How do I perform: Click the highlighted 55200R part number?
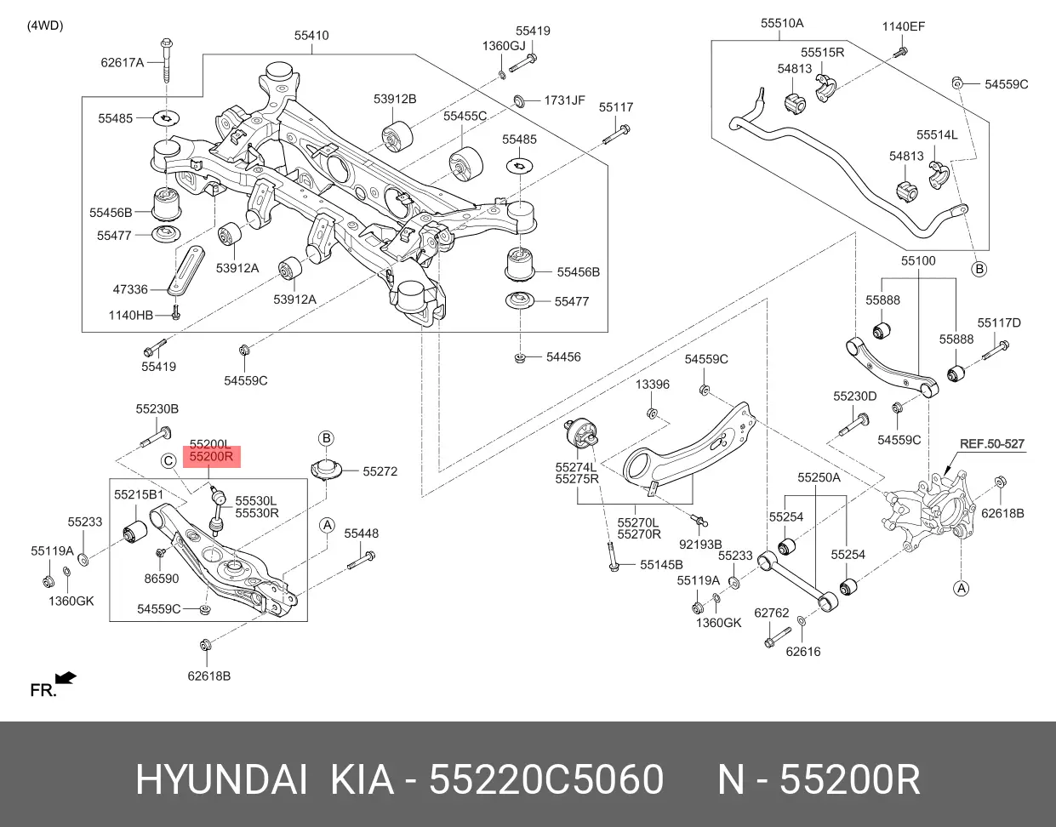pos(210,458)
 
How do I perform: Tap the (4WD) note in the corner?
pos(45,25)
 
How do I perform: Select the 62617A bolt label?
pos(123,62)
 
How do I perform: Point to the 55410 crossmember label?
pos(311,36)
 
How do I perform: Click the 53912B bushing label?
pos(395,99)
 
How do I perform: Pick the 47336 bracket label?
pos(130,289)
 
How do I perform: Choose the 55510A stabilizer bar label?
pos(782,24)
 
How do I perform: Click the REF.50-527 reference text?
pos(992,444)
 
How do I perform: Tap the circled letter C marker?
pos(169,461)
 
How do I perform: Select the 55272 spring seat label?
pos(380,471)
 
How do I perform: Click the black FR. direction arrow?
pos(66,678)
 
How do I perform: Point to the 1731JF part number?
pos(564,100)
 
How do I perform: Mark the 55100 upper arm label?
pos(918,261)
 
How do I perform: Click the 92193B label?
pos(700,544)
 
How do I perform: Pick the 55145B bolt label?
pos(661,565)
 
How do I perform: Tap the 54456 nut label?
pos(563,357)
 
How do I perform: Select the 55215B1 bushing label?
pos(139,494)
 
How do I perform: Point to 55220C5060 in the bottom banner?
pos(546,780)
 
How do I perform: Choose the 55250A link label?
pos(819,478)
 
